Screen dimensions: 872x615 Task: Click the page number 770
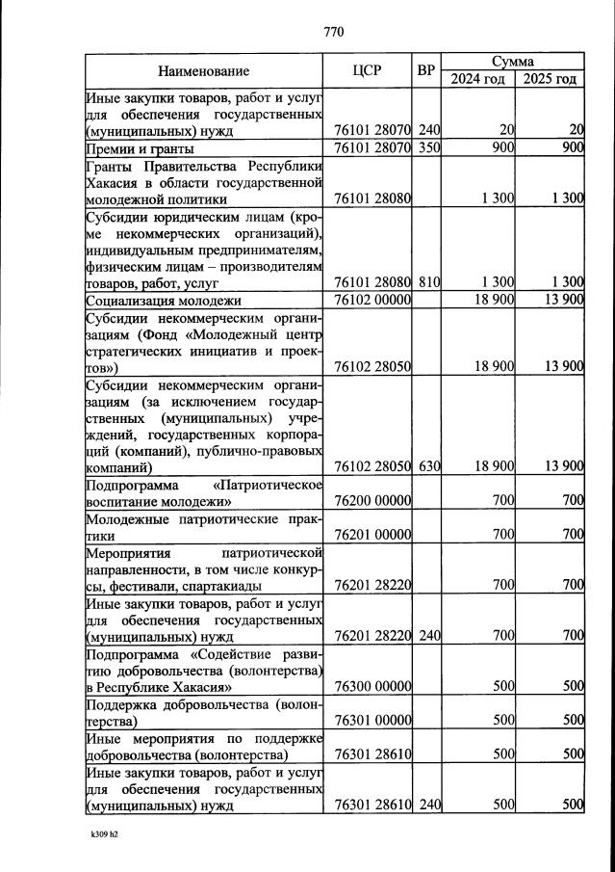click(334, 32)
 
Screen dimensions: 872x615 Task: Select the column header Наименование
click(204, 70)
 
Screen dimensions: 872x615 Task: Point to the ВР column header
click(427, 70)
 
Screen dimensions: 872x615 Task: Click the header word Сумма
click(513, 61)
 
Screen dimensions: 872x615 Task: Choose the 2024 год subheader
click(478, 79)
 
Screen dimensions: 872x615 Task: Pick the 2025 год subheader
click(550, 79)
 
